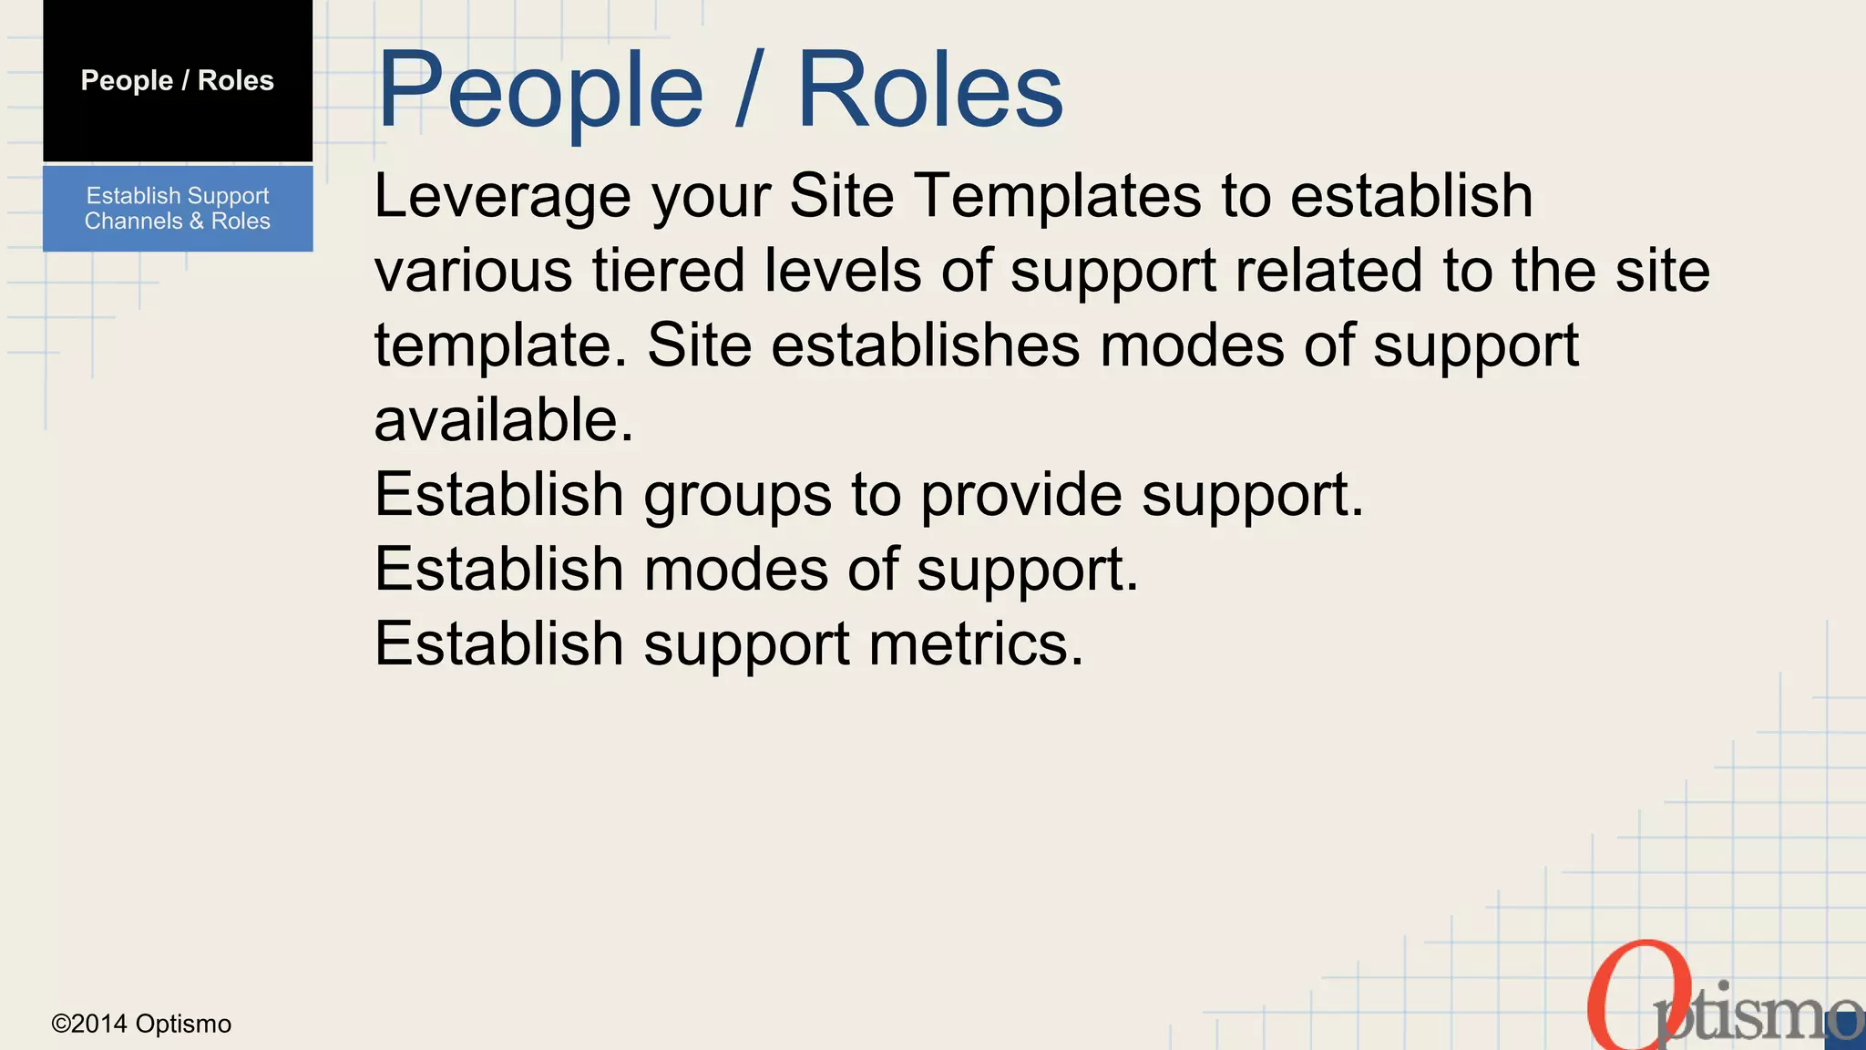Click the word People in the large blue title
coord(539,91)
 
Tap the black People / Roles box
coord(178,80)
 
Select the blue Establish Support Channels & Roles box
coord(178,208)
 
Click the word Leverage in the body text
coord(502,197)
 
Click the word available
coord(503,420)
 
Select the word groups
coord(737,497)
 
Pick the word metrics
coord(976,644)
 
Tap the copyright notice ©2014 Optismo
coord(141,1024)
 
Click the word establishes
coord(925,345)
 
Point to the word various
coord(473,271)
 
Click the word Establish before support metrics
coord(498,644)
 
